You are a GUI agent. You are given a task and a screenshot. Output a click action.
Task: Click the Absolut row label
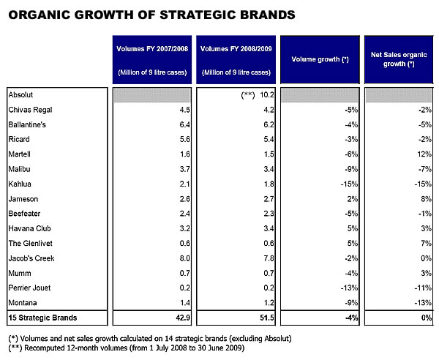[21, 95]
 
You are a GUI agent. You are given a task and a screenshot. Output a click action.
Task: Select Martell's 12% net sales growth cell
[421, 155]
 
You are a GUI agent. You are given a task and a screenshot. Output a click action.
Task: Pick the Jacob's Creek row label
[31, 258]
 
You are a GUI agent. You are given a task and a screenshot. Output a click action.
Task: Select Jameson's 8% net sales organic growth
[423, 199]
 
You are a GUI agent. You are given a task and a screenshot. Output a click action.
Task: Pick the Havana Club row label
[30, 229]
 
